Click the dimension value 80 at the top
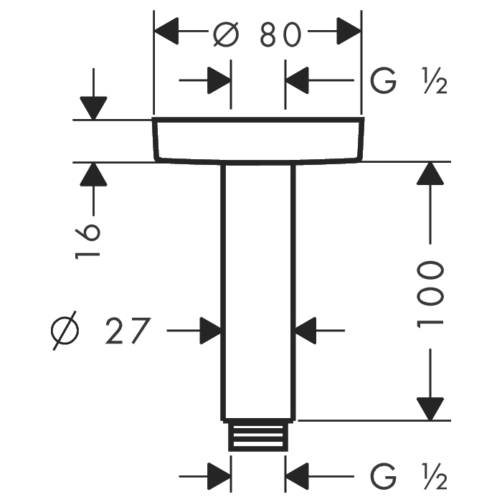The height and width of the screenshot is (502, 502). (278, 34)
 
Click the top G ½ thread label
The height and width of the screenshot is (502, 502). (409, 82)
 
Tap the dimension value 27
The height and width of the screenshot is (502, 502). (130, 331)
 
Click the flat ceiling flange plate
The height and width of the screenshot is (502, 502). (258, 138)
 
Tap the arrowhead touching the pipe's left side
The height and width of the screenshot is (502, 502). (210, 331)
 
